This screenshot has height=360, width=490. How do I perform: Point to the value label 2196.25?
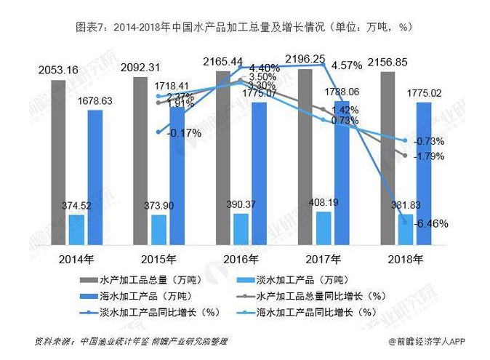[x=304, y=58]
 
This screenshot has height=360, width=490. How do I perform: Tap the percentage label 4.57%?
[x=346, y=66]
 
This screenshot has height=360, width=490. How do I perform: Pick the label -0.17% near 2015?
[x=184, y=132]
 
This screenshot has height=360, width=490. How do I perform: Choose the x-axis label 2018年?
[x=404, y=259]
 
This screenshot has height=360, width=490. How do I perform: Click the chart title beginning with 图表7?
[x=244, y=27]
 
